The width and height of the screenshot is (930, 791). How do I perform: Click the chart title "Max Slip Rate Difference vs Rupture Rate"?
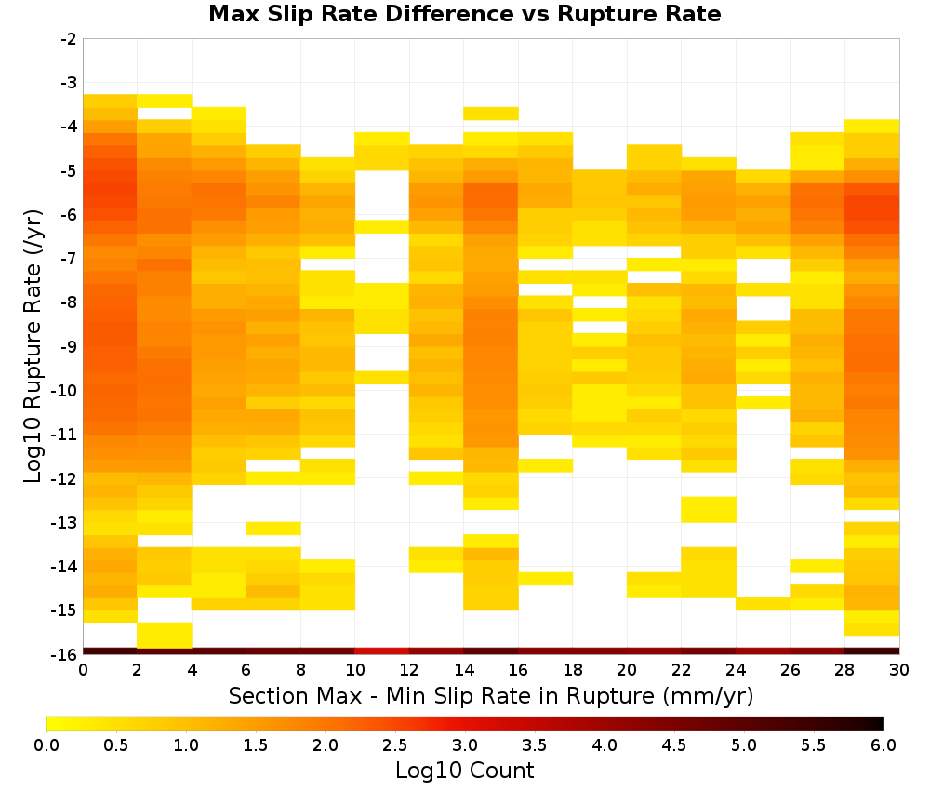[464, 14]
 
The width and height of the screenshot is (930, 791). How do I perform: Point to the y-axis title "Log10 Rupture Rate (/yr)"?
[33, 345]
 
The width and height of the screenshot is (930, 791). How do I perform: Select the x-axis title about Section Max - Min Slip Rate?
[490, 695]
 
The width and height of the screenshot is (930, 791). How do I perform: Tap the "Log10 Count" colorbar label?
[464, 771]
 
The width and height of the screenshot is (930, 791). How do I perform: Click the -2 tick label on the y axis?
[69, 39]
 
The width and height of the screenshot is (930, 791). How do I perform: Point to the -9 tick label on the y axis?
[69, 346]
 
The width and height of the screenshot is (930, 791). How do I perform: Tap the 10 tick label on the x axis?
[354, 670]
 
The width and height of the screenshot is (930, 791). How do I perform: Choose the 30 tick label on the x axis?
[899, 670]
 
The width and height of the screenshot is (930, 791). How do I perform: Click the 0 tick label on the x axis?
[83, 670]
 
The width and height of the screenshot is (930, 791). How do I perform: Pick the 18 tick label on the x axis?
[572, 670]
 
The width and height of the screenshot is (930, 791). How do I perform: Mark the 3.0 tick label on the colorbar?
[464, 744]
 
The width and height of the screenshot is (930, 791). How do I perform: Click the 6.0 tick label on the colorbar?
[883, 744]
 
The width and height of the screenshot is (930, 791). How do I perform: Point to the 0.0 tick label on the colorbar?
[46, 744]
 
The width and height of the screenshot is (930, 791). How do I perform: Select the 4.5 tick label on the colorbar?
[673, 744]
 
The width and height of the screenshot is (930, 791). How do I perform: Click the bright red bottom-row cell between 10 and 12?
[382, 651]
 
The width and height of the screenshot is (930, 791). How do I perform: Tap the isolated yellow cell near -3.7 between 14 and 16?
[490, 114]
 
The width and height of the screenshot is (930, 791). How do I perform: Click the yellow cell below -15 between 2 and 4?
[165, 635]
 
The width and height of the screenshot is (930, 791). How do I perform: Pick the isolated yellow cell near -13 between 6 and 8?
[272, 529]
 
